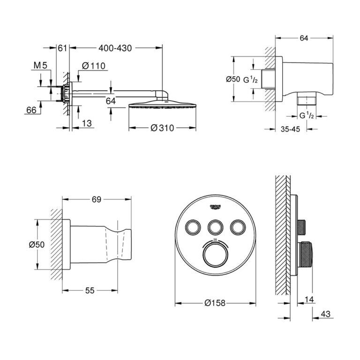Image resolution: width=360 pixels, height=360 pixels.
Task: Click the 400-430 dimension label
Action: (x=115, y=48)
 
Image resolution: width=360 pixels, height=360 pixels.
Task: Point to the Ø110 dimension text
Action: (x=93, y=67)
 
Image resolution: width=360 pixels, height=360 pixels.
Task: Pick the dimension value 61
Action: (x=63, y=48)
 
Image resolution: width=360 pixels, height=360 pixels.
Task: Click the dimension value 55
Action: (x=90, y=291)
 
